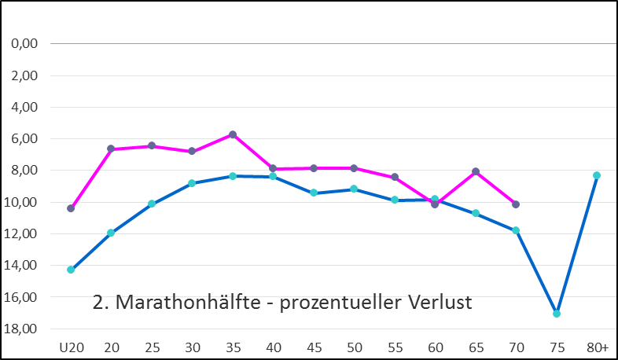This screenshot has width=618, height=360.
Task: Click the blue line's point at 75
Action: [x=557, y=314]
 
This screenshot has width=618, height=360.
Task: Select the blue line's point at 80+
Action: [x=597, y=175]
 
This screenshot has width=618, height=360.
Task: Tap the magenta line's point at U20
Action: [x=71, y=208]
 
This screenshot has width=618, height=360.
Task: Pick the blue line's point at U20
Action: [x=71, y=270]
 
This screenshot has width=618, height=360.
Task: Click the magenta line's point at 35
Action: [x=233, y=134]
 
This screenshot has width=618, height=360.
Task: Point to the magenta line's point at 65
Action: [x=476, y=171]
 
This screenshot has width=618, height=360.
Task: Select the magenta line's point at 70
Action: [x=516, y=204]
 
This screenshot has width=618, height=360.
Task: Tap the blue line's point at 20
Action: [x=111, y=233]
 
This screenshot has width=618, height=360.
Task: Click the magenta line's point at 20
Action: [x=111, y=149]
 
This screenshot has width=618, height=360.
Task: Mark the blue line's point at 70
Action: [x=516, y=230]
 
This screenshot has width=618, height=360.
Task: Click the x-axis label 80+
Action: [x=597, y=347]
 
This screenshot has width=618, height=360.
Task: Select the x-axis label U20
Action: [x=71, y=347]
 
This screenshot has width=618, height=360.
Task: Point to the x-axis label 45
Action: [x=314, y=347]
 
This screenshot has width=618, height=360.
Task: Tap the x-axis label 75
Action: [x=557, y=347]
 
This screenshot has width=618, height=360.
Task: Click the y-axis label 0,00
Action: [x=25, y=44]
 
